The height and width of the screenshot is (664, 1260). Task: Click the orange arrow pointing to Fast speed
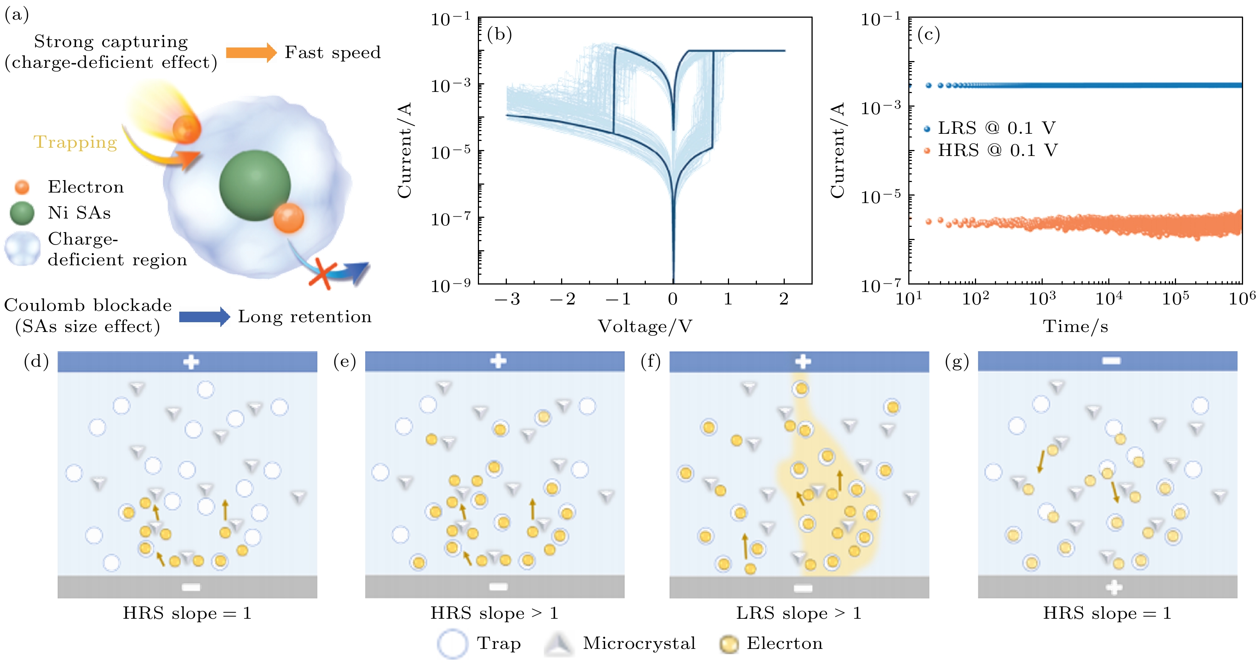251,52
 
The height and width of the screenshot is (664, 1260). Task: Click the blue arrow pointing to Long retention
204,317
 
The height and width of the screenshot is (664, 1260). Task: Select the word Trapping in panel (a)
75,142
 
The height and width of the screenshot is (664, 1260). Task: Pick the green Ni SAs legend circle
22,213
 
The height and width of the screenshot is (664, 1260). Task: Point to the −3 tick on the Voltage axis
507,298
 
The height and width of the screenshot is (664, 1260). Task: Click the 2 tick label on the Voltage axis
784,298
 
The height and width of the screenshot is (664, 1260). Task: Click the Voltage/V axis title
645,326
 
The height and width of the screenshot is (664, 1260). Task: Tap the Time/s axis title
1075,326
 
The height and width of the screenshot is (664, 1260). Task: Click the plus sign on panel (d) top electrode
191,362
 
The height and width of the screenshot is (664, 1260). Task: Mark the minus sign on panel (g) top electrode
1111,361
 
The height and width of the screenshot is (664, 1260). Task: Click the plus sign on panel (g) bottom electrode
1114,587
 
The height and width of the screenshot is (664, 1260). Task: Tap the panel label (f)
651,362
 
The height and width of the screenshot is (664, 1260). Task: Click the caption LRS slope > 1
799,613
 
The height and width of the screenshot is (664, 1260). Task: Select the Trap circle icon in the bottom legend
452,644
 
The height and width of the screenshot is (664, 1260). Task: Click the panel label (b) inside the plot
499,34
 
